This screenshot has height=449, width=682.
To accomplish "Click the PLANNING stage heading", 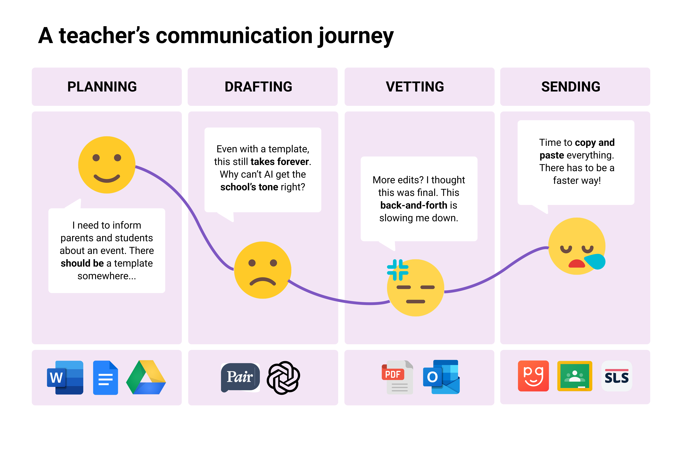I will (102, 87).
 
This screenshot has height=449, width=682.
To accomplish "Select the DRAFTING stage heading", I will (258, 87).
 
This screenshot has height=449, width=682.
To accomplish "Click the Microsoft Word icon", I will (65, 377).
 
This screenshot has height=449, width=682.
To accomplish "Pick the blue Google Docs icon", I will (106, 377).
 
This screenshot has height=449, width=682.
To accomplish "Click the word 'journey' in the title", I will (356, 37).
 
